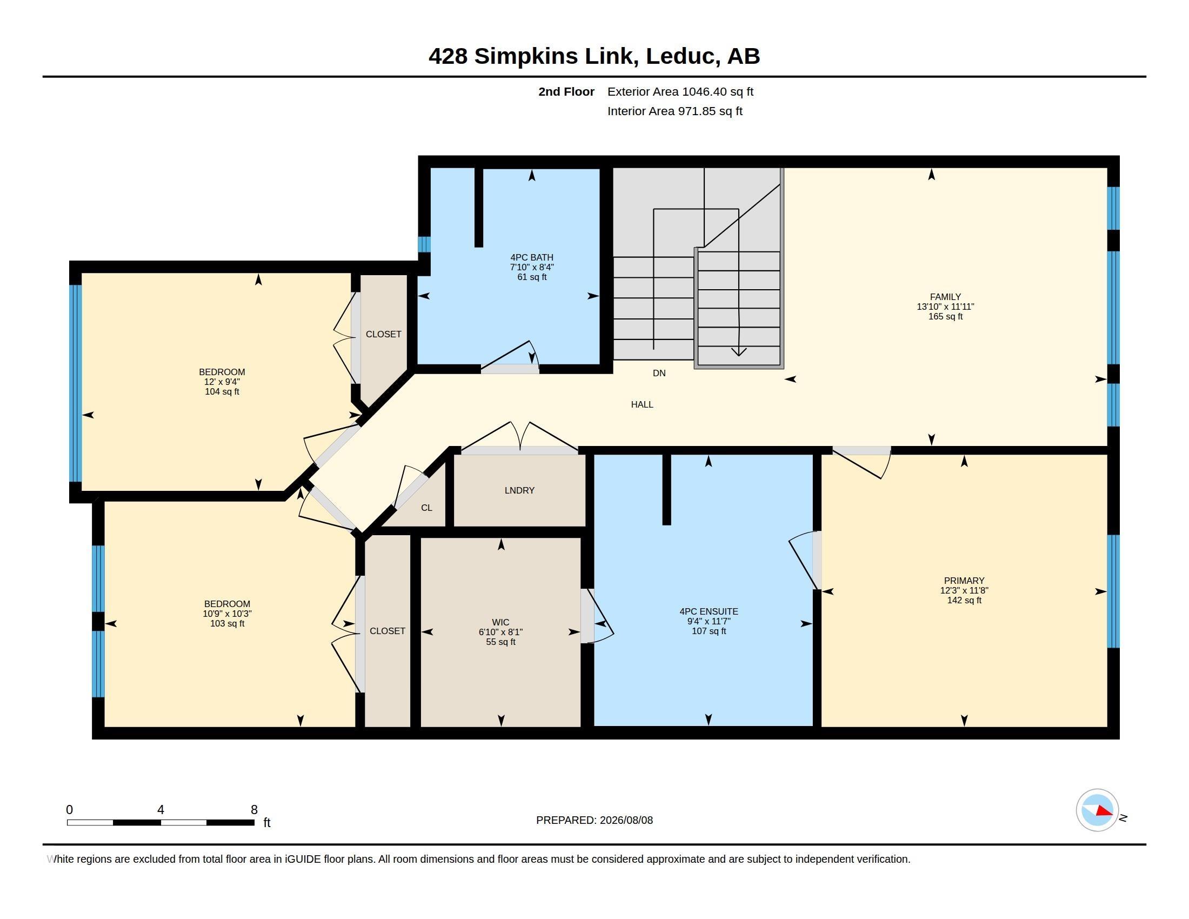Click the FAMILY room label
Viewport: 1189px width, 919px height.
[x=945, y=297]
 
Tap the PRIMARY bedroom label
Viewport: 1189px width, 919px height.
[x=964, y=581]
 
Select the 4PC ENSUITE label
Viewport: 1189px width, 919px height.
[x=709, y=611]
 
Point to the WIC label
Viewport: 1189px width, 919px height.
[x=501, y=622]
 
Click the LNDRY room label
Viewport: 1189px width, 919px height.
[x=519, y=490]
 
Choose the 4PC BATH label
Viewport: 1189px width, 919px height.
[x=532, y=257]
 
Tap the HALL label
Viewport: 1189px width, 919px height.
[x=642, y=404]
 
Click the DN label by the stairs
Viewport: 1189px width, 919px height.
[x=659, y=374]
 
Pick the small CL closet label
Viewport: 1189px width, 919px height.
[x=427, y=508]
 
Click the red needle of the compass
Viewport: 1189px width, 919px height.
[x=1104, y=811]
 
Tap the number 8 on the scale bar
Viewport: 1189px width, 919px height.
[x=254, y=810]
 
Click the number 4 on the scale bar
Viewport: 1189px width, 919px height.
[x=161, y=810]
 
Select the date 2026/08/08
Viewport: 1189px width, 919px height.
[x=626, y=820]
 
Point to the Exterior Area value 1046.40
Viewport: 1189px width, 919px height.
[x=704, y=91]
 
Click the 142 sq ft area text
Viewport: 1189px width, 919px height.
[x=964, y=600]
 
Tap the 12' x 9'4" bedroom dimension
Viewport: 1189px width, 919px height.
[x=222, y=382]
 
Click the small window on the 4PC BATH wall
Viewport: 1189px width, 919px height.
[x=424, y=244]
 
